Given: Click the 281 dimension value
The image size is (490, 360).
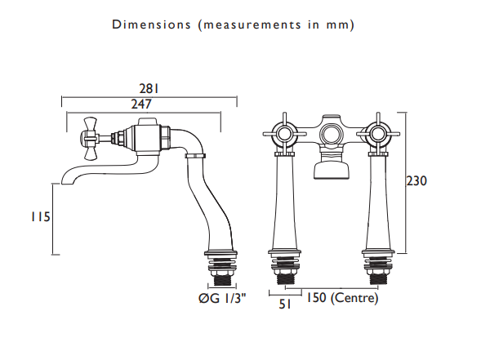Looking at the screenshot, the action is pyautogui.click(x=149, y=89).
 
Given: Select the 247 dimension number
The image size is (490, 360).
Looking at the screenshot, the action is pyautogui.click(x=141, y=104).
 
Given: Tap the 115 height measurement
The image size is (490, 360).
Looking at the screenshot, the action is pyautogui.click(x=40, y=216).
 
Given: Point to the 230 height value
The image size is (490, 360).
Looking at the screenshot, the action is pyautogui.click(x=416, y=181).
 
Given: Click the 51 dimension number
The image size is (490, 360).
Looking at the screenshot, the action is pyautogui.click(x=285, y=304).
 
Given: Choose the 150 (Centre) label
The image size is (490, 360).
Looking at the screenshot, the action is pyautogui.click(x=341, y=297).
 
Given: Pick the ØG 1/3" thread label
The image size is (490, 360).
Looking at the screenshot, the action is pyautogui.click(x=222, y=299).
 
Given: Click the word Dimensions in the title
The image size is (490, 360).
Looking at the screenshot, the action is pyautogui.click(x=151, y=24).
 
